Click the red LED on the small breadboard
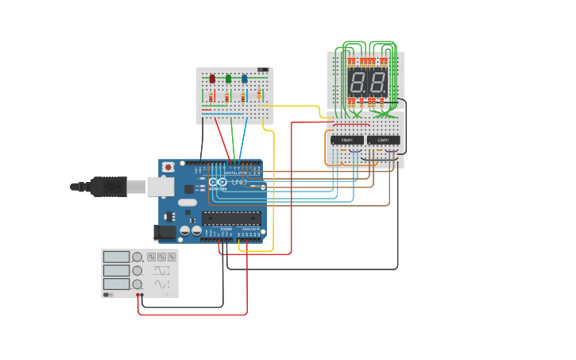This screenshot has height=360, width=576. point(212,79)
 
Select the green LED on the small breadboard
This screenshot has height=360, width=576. point(229,79)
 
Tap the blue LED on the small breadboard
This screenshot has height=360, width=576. point(245,79)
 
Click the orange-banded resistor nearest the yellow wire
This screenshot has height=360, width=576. point(258,95)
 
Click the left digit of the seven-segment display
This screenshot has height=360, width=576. point(358,82)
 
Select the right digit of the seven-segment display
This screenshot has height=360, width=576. point(376,82)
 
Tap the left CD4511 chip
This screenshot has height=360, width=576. point(347,140)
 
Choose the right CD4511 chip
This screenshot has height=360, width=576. point(382,140)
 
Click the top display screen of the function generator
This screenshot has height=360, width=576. point(116,257)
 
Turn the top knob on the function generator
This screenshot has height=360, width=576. point(137,257)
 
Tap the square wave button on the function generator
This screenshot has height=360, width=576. point(151,257)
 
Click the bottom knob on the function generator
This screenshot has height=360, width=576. point(137,284)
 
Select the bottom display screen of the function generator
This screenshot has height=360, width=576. point(116,284)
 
